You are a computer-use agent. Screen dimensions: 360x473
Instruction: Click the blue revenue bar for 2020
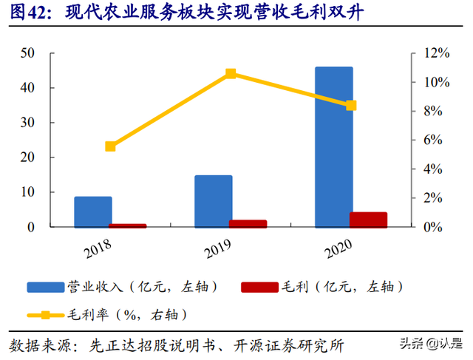(x=334, y=146)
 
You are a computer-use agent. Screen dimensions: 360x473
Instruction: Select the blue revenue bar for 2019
(x=213, y=201)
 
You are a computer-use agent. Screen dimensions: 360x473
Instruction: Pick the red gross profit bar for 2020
(x=368, y=220)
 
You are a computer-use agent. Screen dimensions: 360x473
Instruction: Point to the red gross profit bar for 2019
(x=248, y=223)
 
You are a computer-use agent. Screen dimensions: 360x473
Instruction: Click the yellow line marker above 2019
(x=231, y=73)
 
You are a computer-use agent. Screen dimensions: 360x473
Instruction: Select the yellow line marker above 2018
(x=110, y=146)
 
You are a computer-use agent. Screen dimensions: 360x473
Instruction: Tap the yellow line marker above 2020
(x=351, y=106)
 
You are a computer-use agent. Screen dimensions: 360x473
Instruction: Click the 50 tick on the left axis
(x=28, y=53)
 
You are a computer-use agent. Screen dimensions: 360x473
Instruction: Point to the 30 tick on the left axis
(x=28, y=123)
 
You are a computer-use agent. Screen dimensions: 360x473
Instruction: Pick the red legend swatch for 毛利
(x=259, y=287)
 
